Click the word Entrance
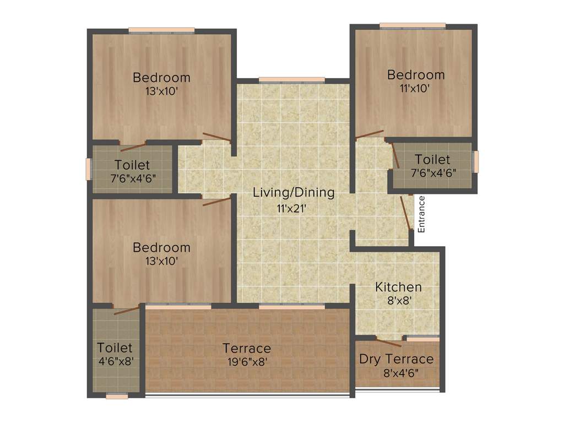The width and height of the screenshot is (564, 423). click(x=422, y=214)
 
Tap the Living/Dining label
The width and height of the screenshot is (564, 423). click(x=294, y=193)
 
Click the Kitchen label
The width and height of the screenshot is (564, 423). click(x=398, y=287)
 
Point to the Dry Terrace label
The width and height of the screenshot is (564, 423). click(x=397, y=359)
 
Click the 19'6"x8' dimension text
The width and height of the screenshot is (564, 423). click(x=247, y=362)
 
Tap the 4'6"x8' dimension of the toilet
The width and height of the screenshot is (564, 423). click(x=115, y=361)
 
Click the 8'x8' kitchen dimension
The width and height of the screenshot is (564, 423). click(x=398, y=301)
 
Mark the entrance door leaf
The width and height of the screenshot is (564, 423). click(x=406, y=212)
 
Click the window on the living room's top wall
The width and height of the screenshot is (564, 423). click(x=291, y=80)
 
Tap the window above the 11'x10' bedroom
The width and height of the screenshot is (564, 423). click(x=413, y=25)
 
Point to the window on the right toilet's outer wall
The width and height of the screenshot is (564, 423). click(x=476, y=161)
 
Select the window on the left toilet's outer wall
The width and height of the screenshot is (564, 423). click(x=88, y=169)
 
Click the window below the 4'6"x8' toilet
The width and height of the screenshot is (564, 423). click(x=117, y=395)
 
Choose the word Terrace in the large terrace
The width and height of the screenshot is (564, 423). click(x=247, y=348)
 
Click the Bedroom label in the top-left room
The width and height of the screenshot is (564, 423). click(x=161, y=78)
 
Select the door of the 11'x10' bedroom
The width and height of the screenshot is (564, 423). click(x=370, y=134)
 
